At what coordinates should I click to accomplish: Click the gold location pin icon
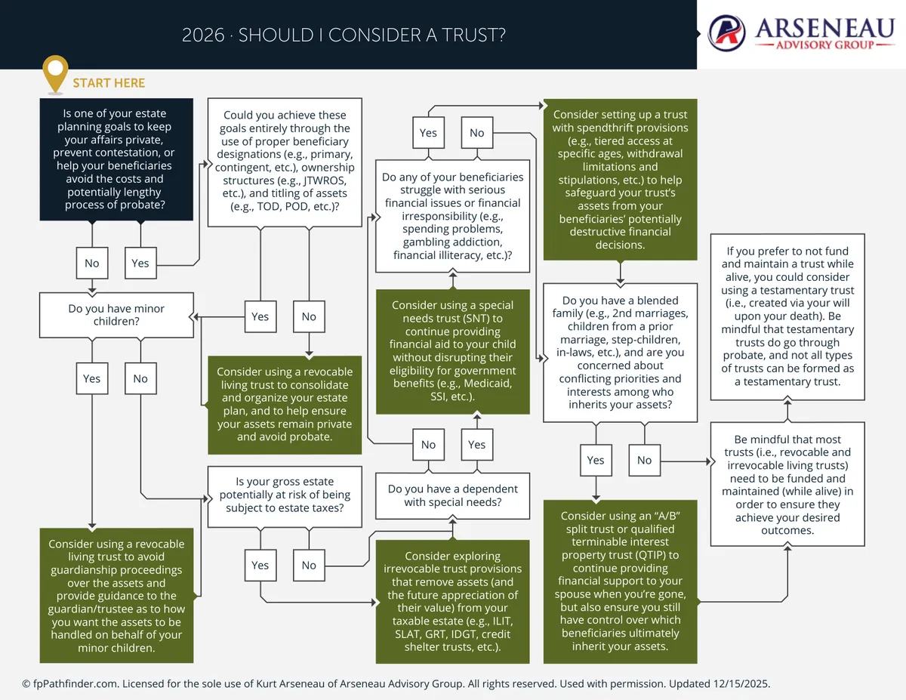coord(55,73)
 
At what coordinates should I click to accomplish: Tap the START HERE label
coord(109,83)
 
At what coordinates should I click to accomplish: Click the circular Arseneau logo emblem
coord(726,32)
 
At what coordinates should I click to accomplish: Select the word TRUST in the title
coord(470,35)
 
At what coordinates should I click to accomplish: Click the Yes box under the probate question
coord(140,263)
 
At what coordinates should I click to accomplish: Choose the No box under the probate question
coord(91,263)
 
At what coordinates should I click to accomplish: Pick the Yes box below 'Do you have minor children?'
coord(91,378)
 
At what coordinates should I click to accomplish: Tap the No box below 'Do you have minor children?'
coord(140,378)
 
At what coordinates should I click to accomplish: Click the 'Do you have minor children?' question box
coord(116,315)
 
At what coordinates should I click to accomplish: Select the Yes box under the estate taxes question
coord(260,566)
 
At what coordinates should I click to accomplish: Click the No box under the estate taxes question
coord(309,566)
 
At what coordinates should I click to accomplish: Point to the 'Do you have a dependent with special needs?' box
coord(453,495)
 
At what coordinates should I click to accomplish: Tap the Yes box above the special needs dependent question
coord(477,445)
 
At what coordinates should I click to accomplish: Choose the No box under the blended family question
coord(645,461)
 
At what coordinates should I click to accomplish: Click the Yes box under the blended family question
coord(596,461)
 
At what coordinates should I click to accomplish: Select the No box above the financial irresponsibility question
coord(477,133)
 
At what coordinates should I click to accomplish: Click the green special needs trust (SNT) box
coord(453,351)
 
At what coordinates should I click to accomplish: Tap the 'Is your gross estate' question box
coord(285,497)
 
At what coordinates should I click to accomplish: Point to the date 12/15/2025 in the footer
coord(741,683)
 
